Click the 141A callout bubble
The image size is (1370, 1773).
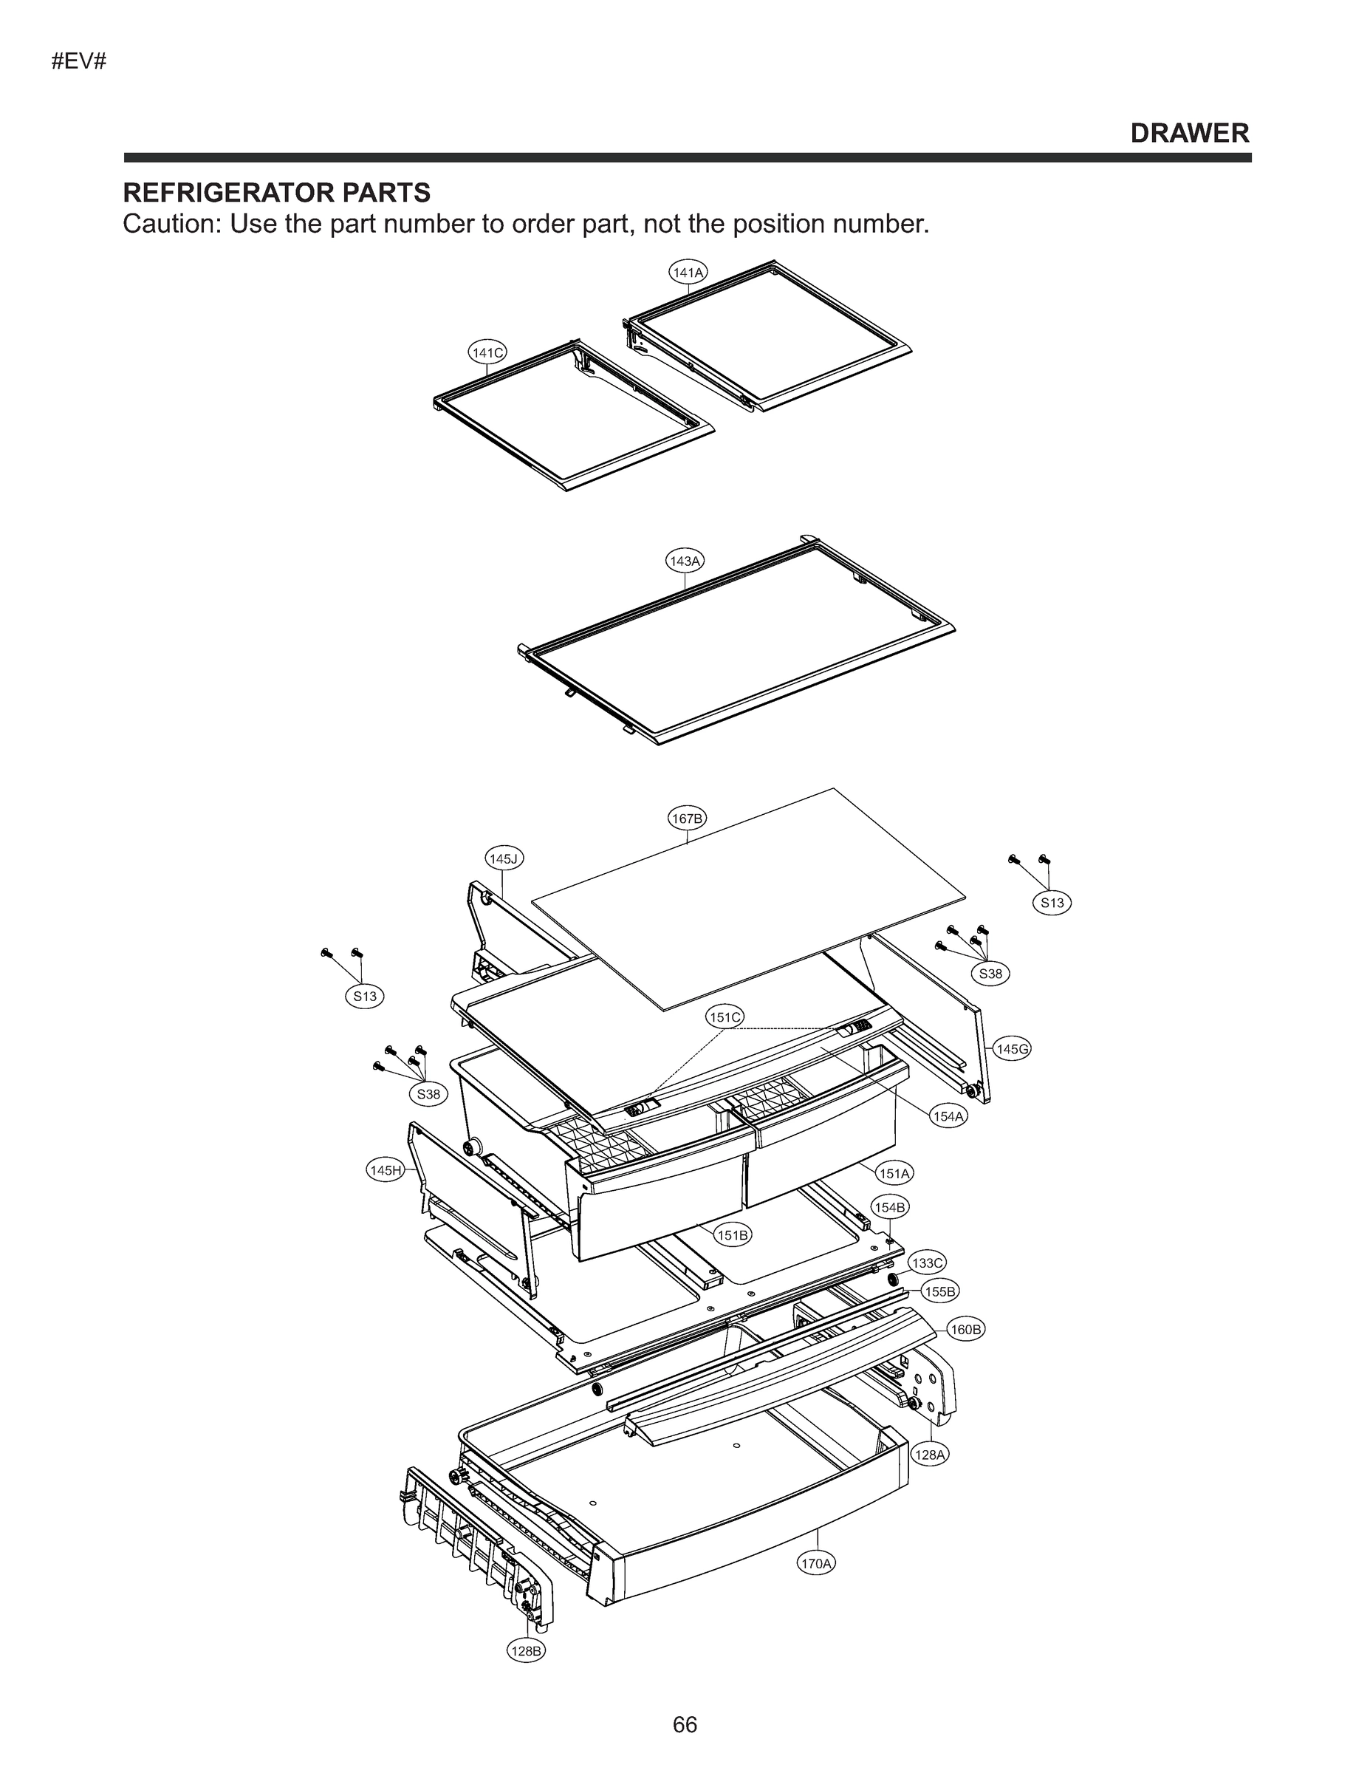pyautogui.click(x=688, y=272)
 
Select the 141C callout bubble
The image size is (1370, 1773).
pyautogui.click(x=487, y=352)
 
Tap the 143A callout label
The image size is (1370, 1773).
pyautogui.click(x=685, y=560)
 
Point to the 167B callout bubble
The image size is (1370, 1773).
pyautogui.click(x=687, y=818)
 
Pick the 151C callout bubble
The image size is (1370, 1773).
pyautogui.click(x=725, y=1017)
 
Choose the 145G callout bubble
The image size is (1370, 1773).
pyautogui.click(x=1012, y=1049)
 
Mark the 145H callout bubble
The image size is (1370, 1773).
pyautogui.click(x=385, y=1170)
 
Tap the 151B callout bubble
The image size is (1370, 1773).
pyautogui.click(x=733, y=1234)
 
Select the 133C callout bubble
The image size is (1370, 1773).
pyautogui.click(x=927, y=1263)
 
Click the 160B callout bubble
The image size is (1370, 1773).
pyautogui.click(x=966, y=1330)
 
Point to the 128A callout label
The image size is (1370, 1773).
pyautogui.click(x=930, y=1455)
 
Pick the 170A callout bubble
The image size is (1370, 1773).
pyautogui.click(x=817, y=1562)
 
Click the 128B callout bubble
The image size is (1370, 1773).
pyautogui.click(x=526, y=1650)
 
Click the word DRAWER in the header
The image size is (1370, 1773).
pyautogui.click(x=1190, y=133)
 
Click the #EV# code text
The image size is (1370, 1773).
pyautogui.click(x=79, y=62)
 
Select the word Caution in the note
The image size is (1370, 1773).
pyautogui.click(x=171, y=224)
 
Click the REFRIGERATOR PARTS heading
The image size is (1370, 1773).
pyautogui.click(x=276, y=194)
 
